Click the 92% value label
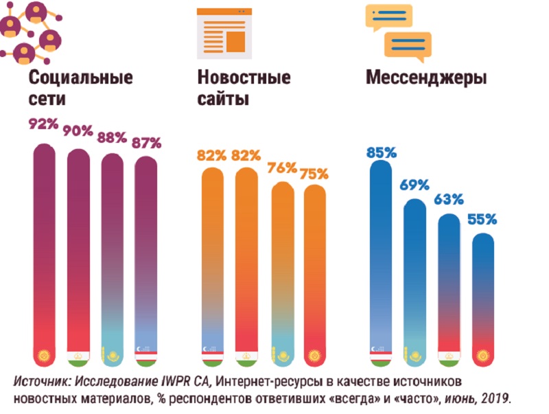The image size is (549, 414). click(x=43, y=126)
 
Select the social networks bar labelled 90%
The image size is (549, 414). click(x=78, y=254)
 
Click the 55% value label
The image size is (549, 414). click(x=482, y=220)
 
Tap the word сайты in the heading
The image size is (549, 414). click(x=222, y=100)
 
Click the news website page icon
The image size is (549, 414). click(x=222, y=32)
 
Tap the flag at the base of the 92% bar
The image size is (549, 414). click(x=44, y=357)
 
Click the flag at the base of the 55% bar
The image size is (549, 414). click(x=482, y=357)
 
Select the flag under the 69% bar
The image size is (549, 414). click(x=416, y=357)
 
